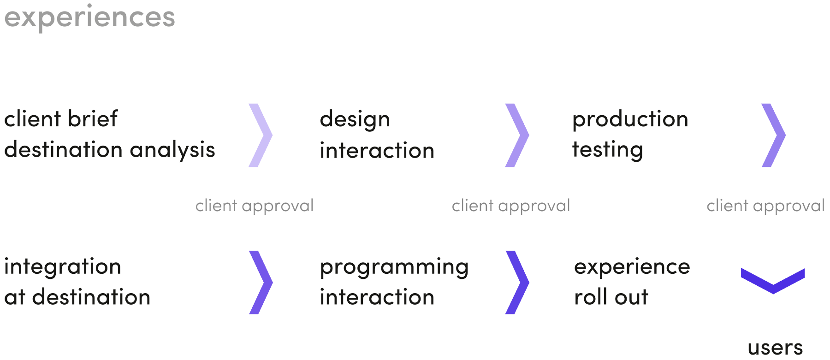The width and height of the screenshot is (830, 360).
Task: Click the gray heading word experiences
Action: tap(90, 18)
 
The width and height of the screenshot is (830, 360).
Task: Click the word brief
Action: tap(93, 118)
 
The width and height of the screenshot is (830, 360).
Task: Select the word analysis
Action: tap(172, 149)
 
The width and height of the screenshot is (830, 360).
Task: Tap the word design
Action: tap(355, 120)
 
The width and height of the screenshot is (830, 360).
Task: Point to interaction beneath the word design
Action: tap(377, 150)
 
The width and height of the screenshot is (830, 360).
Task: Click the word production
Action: tap(630, 120)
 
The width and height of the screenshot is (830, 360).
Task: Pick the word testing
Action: tap(608, 150)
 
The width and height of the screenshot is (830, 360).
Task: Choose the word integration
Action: tap(63, 267)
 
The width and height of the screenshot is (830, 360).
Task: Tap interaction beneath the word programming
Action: tap(377, 297)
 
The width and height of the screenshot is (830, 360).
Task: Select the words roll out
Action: tap(611, 297)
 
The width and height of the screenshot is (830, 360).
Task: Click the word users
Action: tap(775, 348)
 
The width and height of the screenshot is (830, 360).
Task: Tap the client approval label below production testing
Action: tap(765, 206)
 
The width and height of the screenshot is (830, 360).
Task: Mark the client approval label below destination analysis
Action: tap(255, 206)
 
